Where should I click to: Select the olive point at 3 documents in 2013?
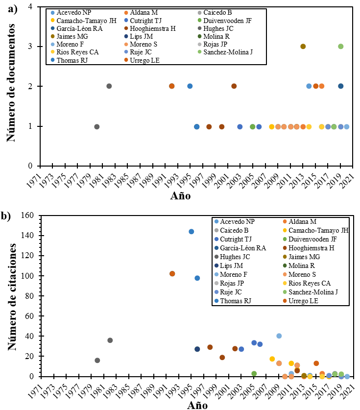303,47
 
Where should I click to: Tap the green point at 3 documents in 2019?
340,47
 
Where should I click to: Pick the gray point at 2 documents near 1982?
109,86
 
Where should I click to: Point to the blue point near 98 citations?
197,278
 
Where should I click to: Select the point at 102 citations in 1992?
172,274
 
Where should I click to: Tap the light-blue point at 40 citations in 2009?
279,336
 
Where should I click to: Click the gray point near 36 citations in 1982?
110,340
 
